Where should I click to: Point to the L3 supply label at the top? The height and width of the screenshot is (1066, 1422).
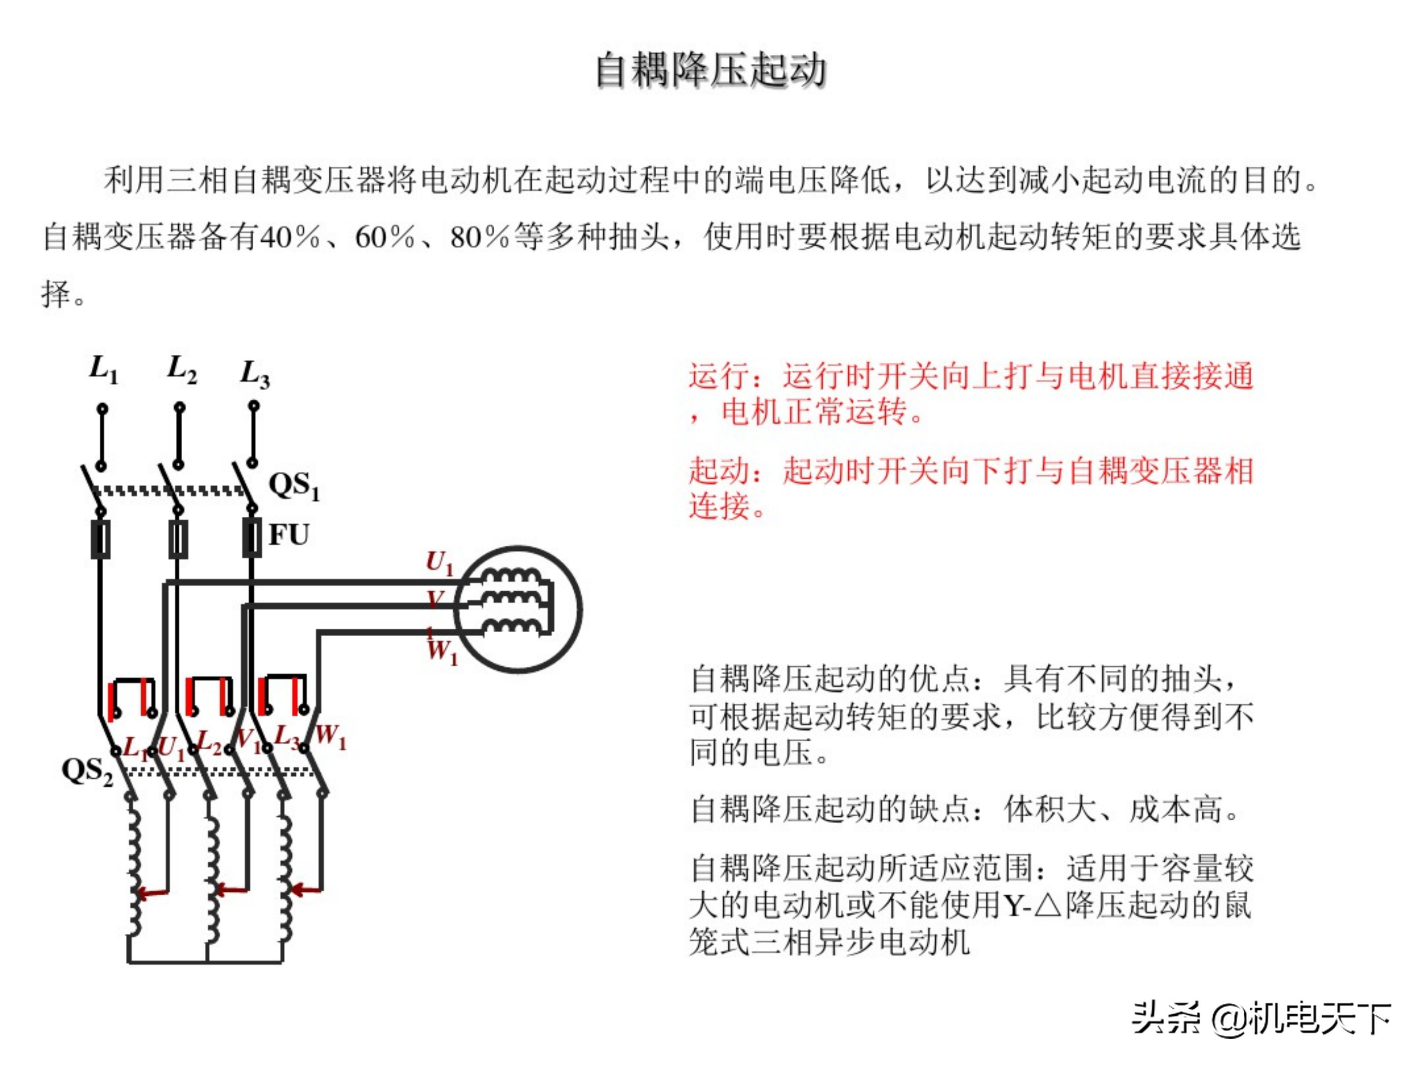(255, 373)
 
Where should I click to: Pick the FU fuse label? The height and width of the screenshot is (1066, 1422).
(289, 534)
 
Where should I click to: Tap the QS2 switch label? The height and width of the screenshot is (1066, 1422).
(87, 771)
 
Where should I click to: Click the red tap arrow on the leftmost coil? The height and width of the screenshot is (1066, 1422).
(153, 893)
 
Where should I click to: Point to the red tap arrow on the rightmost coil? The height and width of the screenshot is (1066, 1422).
(307, 890)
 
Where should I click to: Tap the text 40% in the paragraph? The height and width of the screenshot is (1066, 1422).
(290, 237)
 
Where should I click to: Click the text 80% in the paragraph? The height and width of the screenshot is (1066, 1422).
(479, 237)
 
